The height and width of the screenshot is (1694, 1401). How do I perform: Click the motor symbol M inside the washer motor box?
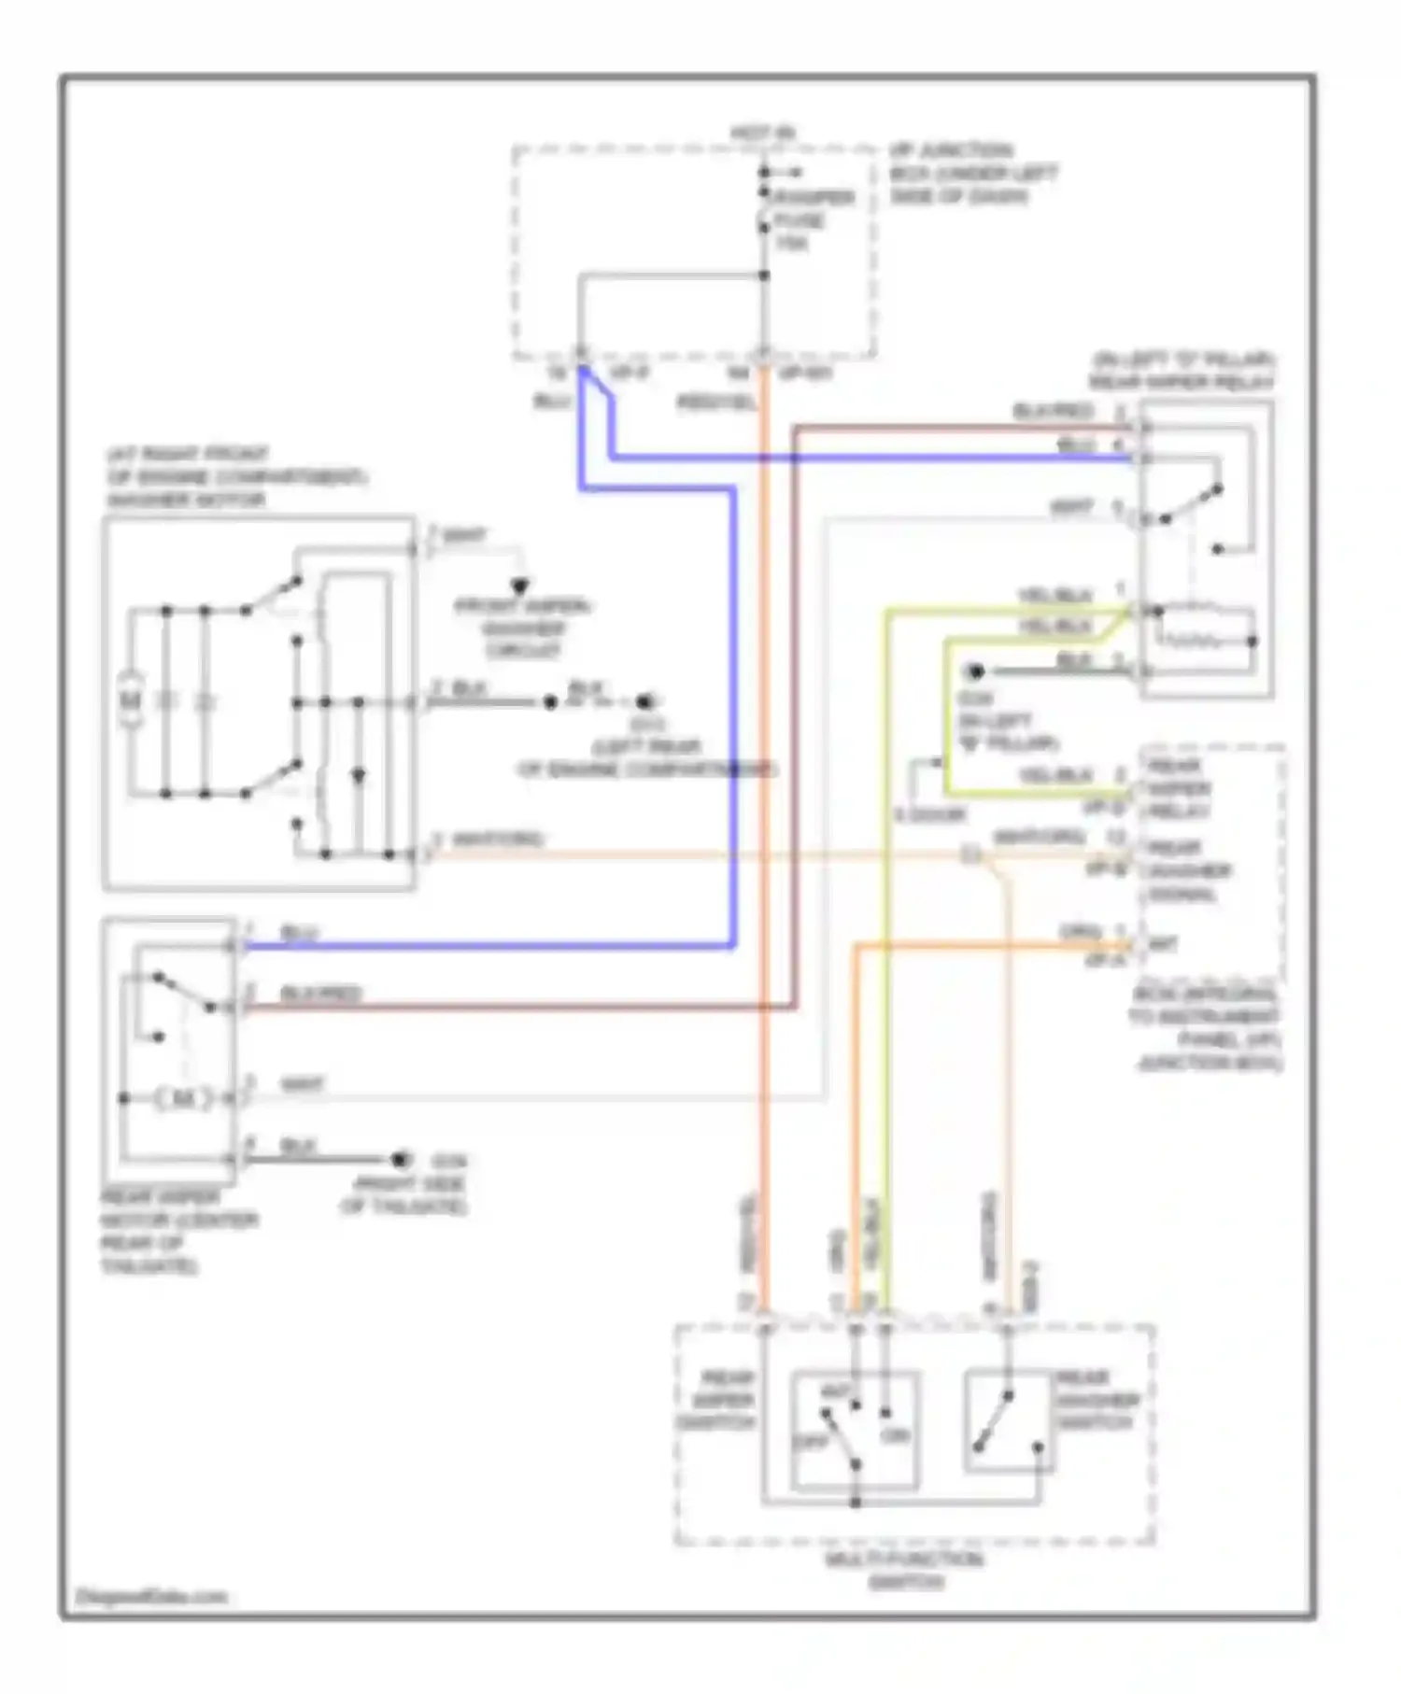pos(132,699)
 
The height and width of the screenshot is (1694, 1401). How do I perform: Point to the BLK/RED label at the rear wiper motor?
pos(320,994)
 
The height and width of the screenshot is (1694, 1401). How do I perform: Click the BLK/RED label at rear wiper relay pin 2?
pos(1053,412)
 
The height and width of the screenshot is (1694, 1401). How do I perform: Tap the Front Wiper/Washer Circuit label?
pos(523,628)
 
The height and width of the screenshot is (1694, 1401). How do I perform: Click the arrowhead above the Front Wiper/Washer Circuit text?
pos(520,586)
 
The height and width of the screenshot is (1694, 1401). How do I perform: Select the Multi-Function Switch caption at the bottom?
pos(904,1571)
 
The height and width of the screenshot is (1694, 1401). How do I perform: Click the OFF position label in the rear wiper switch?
pos(809,1442)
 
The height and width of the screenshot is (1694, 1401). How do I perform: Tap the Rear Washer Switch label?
pos(1097,1401)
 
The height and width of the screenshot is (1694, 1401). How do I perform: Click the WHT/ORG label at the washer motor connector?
pos(497,840)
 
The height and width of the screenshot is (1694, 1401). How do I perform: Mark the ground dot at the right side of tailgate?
pos(401,1160)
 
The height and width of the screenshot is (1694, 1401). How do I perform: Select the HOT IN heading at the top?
pos(762,134)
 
